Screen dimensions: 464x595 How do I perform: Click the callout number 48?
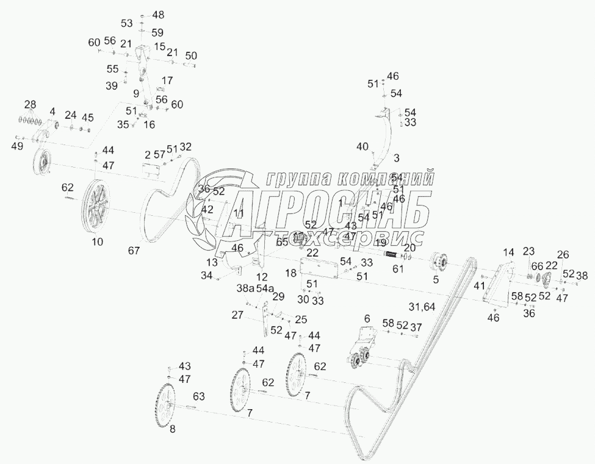[158, 14]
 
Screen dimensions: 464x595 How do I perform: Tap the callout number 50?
[191, 55]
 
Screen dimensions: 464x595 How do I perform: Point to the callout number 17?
[167, 80]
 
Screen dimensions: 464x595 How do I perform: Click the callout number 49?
[17, 146]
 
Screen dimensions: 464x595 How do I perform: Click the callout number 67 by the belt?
[133, 250]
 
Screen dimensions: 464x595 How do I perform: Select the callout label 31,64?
[422, 307]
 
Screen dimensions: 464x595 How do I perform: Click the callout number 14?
[508, 252]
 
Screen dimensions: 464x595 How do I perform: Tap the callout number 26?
[563, 254]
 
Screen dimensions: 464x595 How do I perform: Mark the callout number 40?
[362, 146]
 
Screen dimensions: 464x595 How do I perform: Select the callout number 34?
[207, 276]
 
